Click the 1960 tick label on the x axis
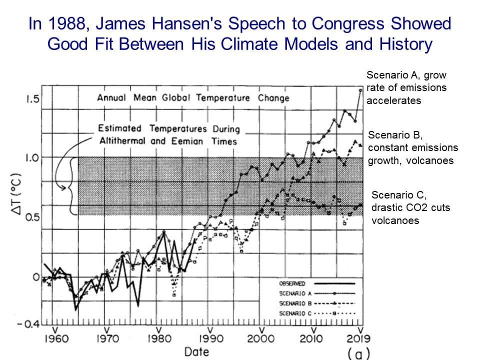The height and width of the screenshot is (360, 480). coord(53,339)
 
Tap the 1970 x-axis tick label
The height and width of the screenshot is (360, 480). coord(106,339)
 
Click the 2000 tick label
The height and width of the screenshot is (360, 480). coord(261,339)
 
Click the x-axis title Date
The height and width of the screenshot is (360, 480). coord(196,351)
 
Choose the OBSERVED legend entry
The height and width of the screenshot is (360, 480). coord(292,283)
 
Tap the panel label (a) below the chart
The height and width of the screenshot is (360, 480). coord(359,353)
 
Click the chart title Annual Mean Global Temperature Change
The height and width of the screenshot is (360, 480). coord(193,97)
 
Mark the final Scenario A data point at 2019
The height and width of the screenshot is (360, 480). coord(360,90)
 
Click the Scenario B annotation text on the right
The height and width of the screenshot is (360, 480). coord(413,147)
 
